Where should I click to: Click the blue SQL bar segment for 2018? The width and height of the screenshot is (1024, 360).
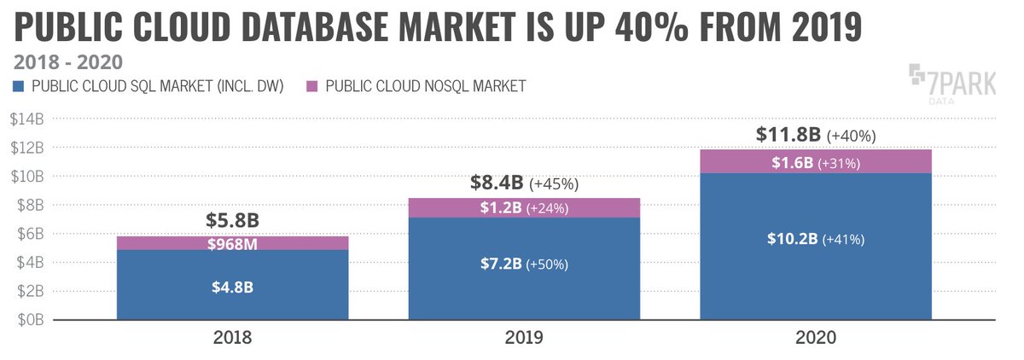[x=232, y=285]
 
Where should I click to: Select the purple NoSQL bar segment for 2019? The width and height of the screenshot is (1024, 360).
[x=524, y=207]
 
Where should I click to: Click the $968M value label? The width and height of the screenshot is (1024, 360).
[x=232, y=244]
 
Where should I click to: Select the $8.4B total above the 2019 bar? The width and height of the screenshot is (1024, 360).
[x=497, y=183]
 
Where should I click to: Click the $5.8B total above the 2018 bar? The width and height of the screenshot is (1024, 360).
[x=232, y=220]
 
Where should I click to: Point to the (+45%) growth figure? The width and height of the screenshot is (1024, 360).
[x=554, y=183]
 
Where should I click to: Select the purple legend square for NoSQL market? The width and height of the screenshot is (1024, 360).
[x=311, y=85]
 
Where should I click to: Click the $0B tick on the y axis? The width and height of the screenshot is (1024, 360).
[x=28, y=320]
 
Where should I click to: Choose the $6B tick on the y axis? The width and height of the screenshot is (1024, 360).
[x=28, y=234]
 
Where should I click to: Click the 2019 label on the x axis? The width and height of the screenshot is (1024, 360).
[x=524, y=339]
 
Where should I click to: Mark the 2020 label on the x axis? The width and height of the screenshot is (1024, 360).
[x=815, y=339]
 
